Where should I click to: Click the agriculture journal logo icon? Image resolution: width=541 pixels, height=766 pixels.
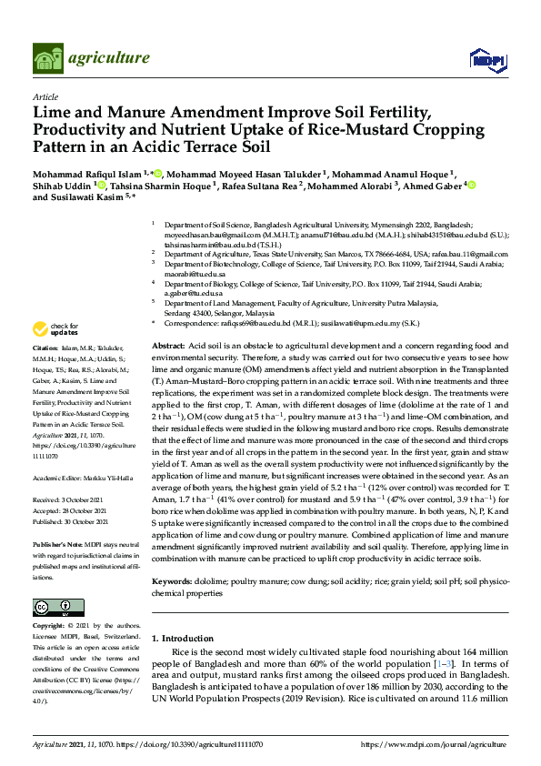[x=47, y=59]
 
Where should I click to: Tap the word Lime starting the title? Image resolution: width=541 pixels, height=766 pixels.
[x=55, y=113]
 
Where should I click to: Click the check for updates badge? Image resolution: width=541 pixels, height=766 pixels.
[x=55, y=328]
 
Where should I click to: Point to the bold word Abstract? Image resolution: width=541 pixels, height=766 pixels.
[x=168, y=348]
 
